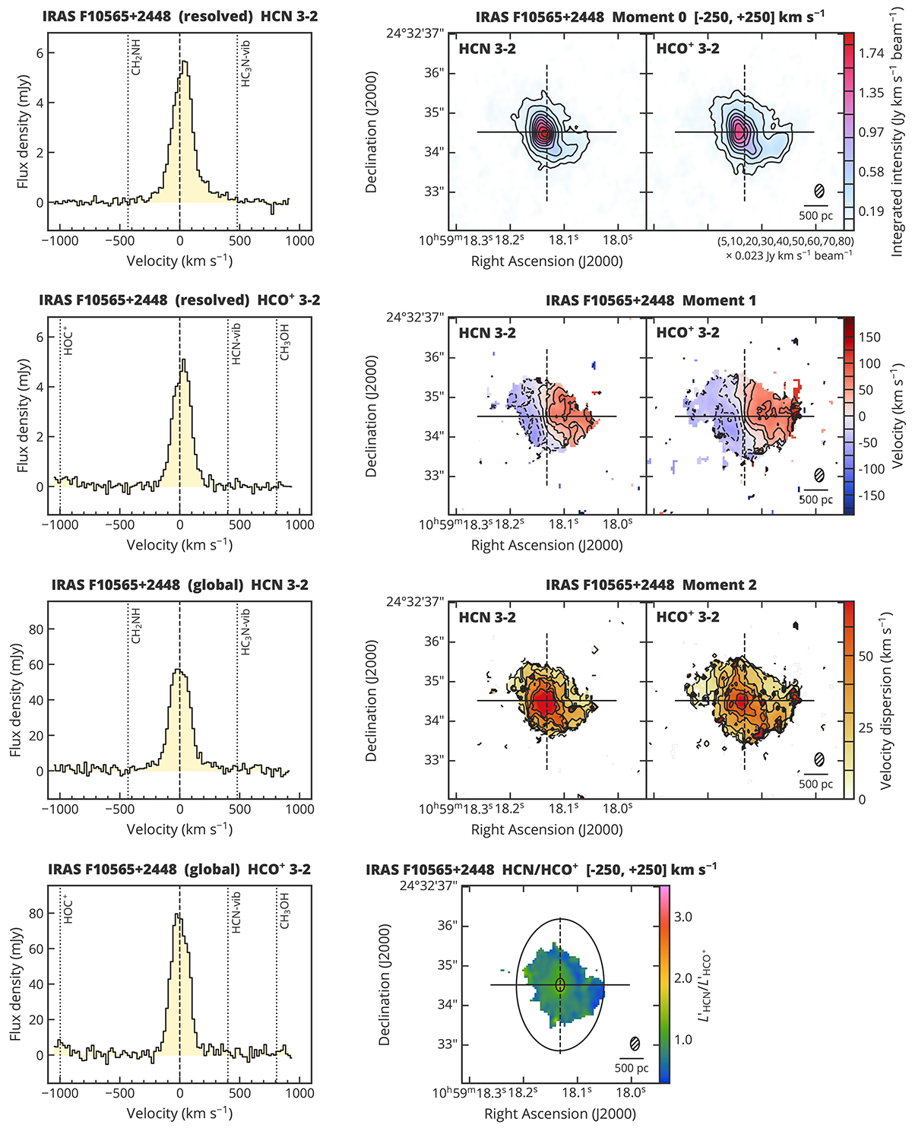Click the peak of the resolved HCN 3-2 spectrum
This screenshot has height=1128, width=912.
pos(182,63)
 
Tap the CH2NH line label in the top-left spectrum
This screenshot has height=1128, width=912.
pos(136,59)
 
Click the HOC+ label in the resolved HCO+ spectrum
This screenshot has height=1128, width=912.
pos(68,343)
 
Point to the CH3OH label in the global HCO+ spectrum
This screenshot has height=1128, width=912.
pos(285,911)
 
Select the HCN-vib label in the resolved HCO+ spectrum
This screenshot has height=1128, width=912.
pos(236,344)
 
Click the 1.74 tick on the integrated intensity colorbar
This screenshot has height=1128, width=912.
pos(871,53)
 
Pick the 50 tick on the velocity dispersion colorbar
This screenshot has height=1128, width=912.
pos(866,657)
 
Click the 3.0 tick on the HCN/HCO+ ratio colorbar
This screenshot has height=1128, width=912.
pos(683,917)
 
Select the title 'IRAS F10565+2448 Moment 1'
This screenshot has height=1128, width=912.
pos(651,301)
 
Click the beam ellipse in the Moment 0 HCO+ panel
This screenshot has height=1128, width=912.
pos(819,191)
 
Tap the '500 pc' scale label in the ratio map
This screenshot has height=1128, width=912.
pos(632,1068)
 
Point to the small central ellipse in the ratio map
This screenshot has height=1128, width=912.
pos(560,985)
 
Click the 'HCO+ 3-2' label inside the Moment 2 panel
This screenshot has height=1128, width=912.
pos(688,617)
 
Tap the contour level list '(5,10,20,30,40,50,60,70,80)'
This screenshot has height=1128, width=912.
pos(785,241)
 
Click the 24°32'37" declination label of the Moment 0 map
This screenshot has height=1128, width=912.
pos(415,35)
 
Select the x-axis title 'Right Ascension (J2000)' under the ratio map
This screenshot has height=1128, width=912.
pos(560,1114)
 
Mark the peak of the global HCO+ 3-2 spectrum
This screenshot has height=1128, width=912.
pos(177,914)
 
